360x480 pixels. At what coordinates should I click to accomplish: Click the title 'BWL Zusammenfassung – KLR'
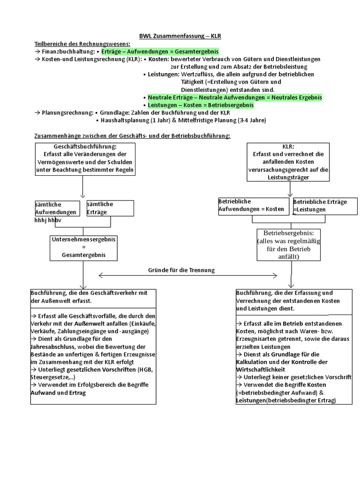180,36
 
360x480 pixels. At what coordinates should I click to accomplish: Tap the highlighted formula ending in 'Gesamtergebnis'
160,52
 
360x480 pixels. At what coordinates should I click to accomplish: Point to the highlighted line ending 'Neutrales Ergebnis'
235,97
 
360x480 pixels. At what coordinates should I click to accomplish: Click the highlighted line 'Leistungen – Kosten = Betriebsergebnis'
201,105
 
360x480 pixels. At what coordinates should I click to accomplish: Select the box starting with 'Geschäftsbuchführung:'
85,159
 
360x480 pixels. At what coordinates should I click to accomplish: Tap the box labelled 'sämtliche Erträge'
110,208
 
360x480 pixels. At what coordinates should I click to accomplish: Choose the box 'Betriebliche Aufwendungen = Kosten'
253,206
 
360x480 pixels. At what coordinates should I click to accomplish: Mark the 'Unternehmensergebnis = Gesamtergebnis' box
84,247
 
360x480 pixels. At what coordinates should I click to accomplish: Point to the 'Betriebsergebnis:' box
288,244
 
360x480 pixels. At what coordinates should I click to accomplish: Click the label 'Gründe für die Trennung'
181,270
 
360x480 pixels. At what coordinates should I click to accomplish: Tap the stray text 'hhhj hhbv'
48,220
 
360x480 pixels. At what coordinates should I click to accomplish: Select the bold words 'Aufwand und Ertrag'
58,393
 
